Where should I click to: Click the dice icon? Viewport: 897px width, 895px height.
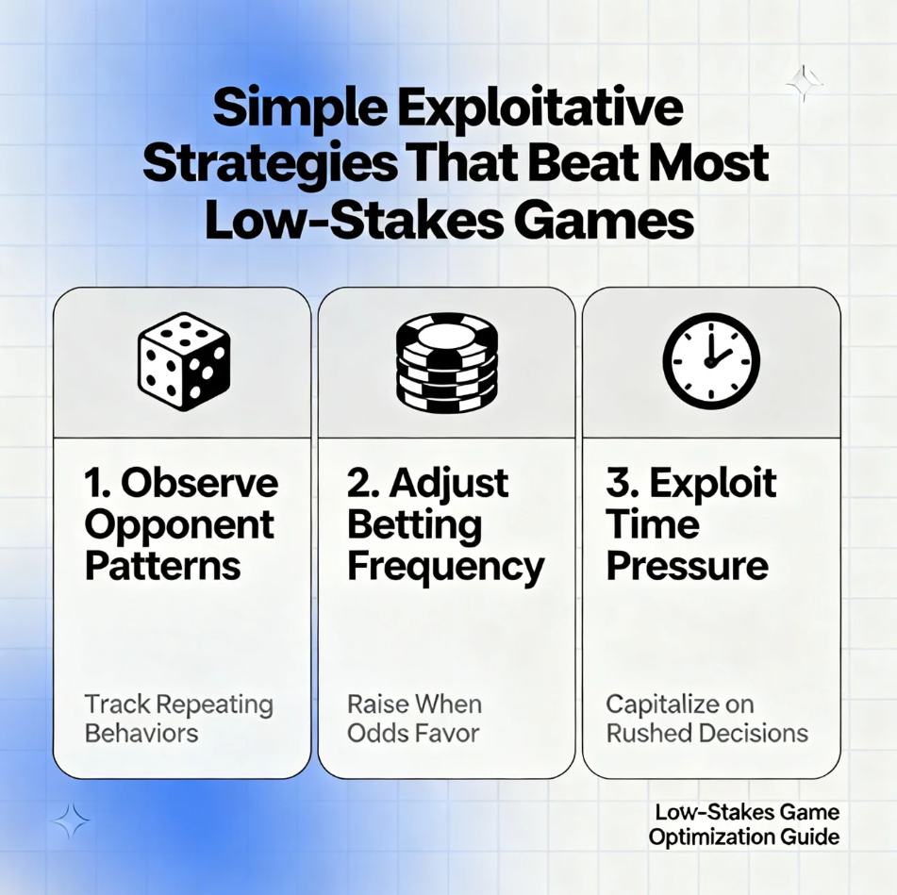pyautogui.click(x=184, y=361)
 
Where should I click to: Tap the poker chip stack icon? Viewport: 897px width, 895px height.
pyautogui.click(x=447, y=362)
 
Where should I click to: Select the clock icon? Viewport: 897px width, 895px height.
pyautogui.click(x=711, y=361)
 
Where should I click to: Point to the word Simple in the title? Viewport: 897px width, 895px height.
pyautogui.click(x=300, y=108)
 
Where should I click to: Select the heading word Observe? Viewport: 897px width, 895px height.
pyautogui.click(x=200, y=483)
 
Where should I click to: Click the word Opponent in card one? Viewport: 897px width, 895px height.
pyautogui.click(x=179, y=526)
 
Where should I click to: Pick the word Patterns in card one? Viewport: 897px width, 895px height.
pyautogui.click(x=163, y=566)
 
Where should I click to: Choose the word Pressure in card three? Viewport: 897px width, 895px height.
pyautogui.click(x=687, y=566)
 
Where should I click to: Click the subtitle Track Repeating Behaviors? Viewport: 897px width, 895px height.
pyautogui.click(x=179, y=719)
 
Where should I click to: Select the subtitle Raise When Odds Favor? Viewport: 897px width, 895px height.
pyautogui.click(x=415, y=719)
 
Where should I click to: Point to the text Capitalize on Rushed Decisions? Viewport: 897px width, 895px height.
pyautogui.click(x=707, y=719)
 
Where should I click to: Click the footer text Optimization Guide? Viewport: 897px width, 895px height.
pyautogui.click(x=744, y=837)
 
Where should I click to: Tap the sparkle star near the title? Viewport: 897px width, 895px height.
pyautogui.click(x=805, y=84)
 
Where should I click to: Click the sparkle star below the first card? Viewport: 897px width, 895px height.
pyautogui.click(x=71, y=821)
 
